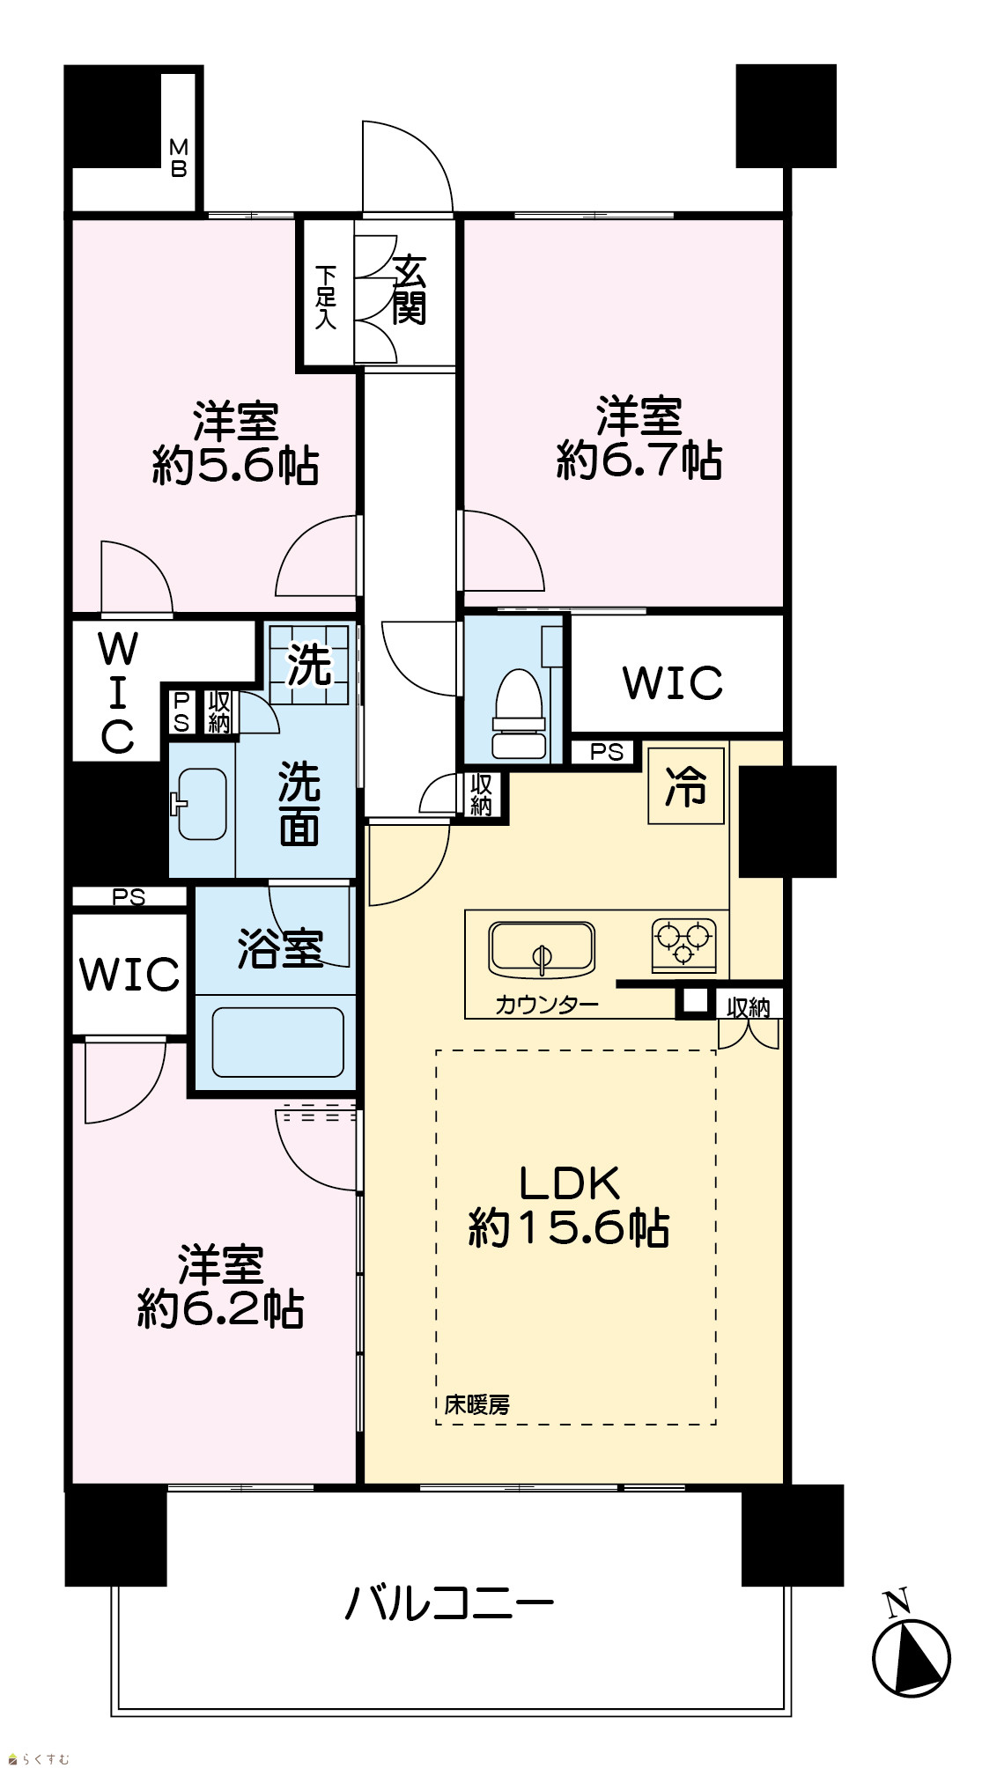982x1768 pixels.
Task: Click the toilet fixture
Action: [519, 713]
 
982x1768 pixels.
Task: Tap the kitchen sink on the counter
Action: [542, 949]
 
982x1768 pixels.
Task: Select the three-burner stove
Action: [683, 944]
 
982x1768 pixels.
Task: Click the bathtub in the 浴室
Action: [277, 1042]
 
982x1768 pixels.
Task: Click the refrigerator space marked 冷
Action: [686, 785]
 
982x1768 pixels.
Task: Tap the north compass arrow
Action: [911, 1655]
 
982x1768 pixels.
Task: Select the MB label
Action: [179, 158]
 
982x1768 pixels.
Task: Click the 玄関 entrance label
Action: [410, 290]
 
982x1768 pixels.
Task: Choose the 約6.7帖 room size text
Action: [639, 460]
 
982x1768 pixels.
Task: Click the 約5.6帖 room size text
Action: [236, 465]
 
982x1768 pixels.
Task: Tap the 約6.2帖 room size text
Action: [221, 1309]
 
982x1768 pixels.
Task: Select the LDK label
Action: [570, 1183]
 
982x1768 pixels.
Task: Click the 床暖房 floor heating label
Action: [476, 1404]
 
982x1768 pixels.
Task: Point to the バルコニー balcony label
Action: [449, 1602]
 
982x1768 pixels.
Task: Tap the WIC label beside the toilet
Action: [673, 682]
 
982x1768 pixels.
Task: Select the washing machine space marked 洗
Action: [309, 664]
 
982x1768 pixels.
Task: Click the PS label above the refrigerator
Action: [607, 752]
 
